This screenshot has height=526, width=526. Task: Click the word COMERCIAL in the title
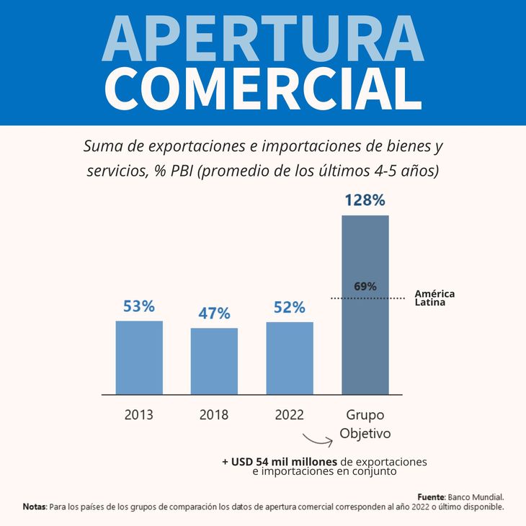(x=263, y=88)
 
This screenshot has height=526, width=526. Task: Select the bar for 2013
(x=139, y=357)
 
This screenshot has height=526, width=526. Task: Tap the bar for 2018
(x=214, y=361)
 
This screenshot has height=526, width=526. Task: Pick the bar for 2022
(x=290, y=358)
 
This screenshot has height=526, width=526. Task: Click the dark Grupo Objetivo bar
(x=365, y=339)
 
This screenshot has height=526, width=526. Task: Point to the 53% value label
(x=139, y=306)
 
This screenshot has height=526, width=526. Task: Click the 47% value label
(x=214, y=313)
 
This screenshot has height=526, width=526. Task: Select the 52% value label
(x=290, y=308)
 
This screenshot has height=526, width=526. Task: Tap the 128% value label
(x=365, y=200)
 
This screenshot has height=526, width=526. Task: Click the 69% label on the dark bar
(x=365, y=286)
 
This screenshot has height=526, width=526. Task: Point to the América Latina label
(x=434, y=298)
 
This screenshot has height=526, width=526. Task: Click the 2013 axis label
(x=139, y=415)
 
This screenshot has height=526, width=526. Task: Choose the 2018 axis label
(x=214, y=415)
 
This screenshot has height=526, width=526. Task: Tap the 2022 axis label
(x=290, y=415)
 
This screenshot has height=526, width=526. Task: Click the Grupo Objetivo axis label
(x=365, y=424)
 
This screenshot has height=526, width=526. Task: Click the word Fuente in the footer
(x=431, y=497)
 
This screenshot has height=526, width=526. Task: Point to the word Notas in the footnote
(x=34, y=507)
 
